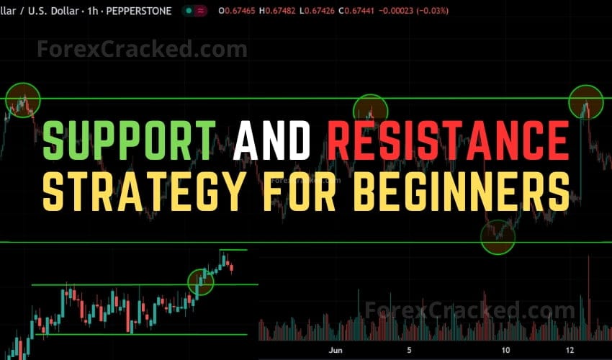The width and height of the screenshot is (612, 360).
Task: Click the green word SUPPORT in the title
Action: [129, 140]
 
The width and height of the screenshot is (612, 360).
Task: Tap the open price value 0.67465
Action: [243, 11]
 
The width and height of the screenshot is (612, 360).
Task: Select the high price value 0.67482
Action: [291, 11]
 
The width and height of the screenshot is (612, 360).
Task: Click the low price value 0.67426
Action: [337, 11]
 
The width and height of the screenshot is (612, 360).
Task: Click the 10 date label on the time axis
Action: [506, 351]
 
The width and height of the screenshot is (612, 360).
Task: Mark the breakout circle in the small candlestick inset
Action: [201, 282]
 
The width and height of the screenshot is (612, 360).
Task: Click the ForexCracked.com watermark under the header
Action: [142, 49]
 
